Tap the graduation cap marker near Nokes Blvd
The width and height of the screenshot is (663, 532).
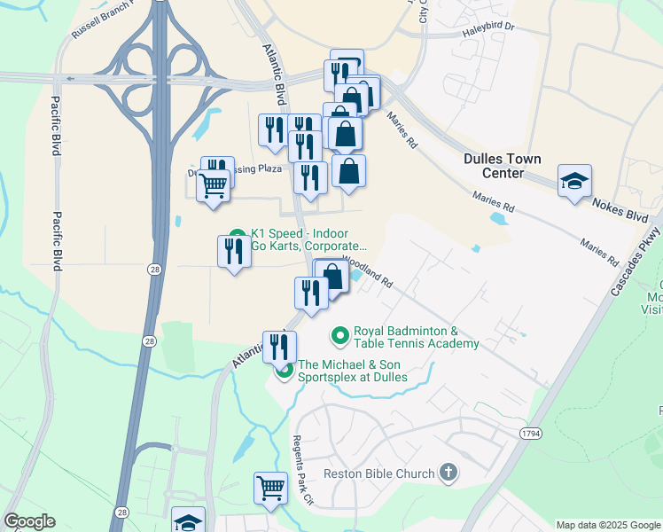click(x=574, y=182)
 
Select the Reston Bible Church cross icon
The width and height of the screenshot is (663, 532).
click(x=448, y=473)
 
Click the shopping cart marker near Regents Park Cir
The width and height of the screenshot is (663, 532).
click(x=270, y=487)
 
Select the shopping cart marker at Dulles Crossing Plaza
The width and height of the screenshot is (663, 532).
click(x=213, y=186)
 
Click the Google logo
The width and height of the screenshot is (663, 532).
click(x=30, y=521)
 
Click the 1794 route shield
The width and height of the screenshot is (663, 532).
click(x=531, y=432)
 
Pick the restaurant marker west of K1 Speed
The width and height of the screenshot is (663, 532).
click(x=233, y=252)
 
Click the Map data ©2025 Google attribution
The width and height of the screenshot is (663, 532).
click(x=608, y=525)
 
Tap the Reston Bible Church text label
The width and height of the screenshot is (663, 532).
click(x=379, y=473)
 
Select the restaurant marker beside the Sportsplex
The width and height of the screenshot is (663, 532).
click(x=278, y=347)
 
